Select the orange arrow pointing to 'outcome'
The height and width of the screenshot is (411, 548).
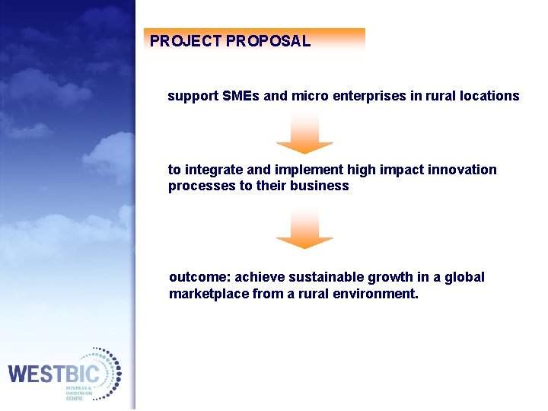tap(304, 231)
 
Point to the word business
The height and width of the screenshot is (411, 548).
tap(320, 186)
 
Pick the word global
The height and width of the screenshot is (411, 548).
tap(464, 277)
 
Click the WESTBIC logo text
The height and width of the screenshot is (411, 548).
tap(53, 374)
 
